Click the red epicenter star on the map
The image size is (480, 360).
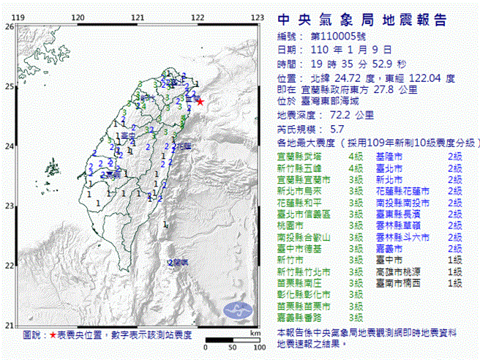coord(200,102)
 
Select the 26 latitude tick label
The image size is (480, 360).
coord(9,26)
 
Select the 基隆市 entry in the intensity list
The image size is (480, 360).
coord(389,157)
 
